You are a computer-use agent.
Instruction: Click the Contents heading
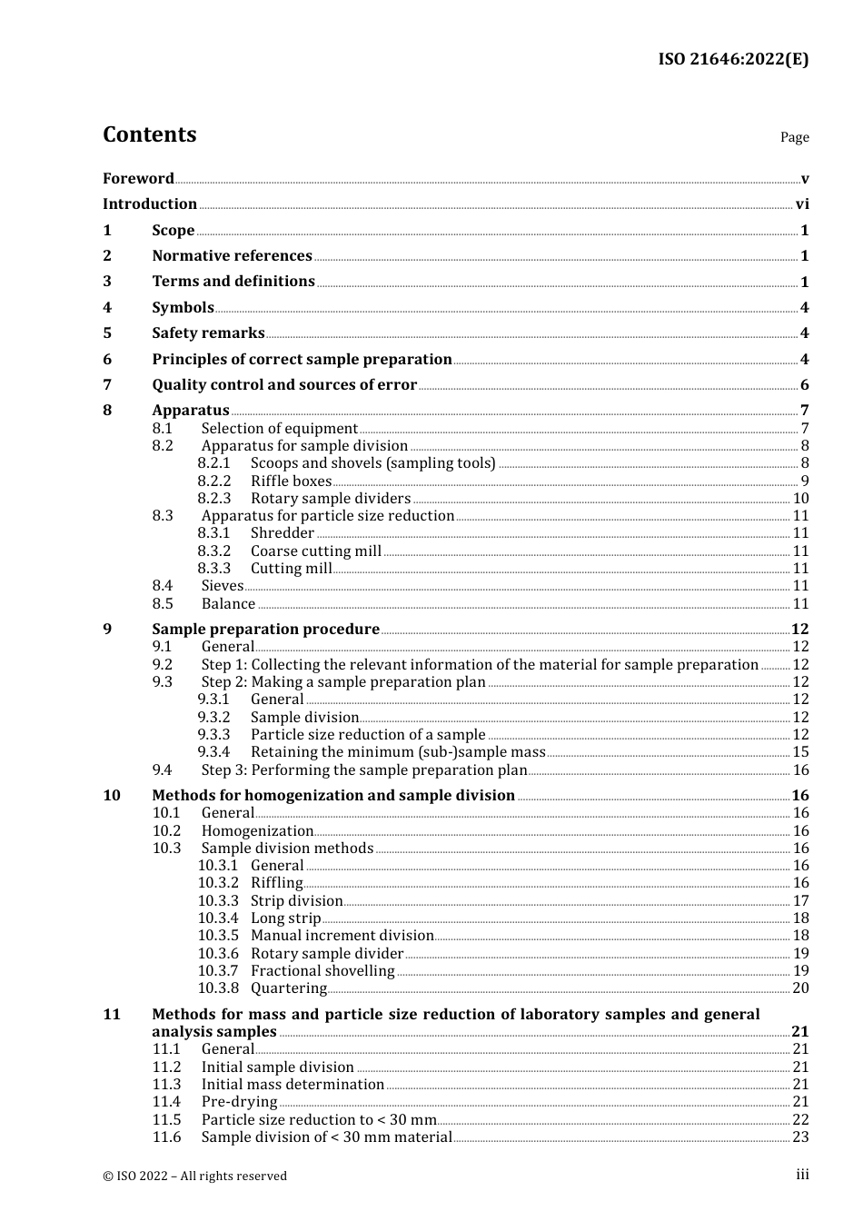(x=149, y=134)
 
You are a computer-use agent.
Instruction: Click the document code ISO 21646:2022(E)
(x=732, y=59)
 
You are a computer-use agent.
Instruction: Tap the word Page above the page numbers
(x=794, y=137)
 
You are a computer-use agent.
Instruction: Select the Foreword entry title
(x=138, y=178)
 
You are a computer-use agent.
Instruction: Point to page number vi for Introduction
(x=802, y=204)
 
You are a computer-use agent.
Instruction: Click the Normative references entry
(x=232, y=256)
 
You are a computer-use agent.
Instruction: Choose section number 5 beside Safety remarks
(x=107, y=333)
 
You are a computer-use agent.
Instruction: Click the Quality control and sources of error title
(x=284, y=385)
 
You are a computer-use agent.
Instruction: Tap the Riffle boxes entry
(x=291, y=481)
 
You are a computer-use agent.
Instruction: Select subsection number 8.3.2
(x=214, y=551)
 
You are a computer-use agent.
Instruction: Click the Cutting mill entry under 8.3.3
(x=291, y=569)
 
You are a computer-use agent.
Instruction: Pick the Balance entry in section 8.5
(x=228, y=604)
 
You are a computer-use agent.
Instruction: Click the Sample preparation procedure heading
(x=265, y=630)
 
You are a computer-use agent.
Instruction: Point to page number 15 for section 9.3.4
(x=800, y=752)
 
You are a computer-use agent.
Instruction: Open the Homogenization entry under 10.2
(x=257, y=831)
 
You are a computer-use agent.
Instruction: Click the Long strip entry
(x=285, y=918)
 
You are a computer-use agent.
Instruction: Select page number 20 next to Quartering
(x=800, y=988)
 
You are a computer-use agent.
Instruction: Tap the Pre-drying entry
(x=239, y=1102)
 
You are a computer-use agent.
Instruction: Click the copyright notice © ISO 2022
(x=194, y=1176)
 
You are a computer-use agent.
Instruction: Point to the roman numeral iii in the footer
(x=802, y=1175)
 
